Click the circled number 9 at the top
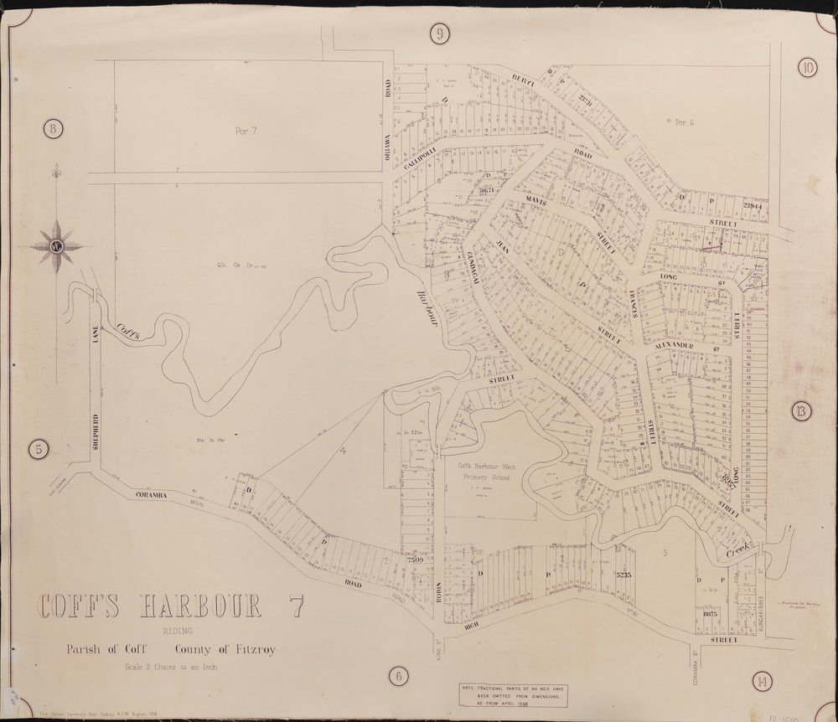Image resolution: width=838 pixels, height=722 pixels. point(439,34)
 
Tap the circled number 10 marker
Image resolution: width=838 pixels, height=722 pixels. point(807,69)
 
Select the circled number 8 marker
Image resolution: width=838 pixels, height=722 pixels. point(52,129)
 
